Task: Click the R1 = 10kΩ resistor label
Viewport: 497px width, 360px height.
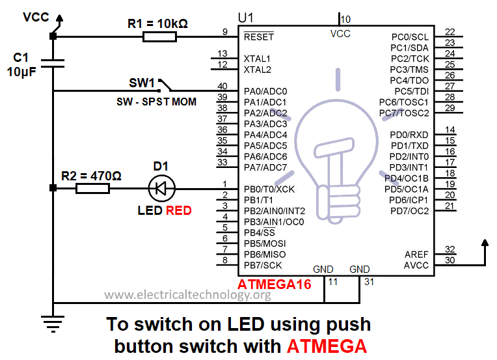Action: click(158, 23)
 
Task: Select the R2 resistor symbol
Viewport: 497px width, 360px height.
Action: click(92, 189)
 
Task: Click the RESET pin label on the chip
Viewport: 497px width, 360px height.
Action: click(258, 37)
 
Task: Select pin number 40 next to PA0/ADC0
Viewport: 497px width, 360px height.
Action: click(222, 87)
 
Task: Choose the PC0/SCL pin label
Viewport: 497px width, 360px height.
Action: click(410, 37)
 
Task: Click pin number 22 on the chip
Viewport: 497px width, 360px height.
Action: click(450, 32)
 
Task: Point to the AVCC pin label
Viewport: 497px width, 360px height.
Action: click(416, 265)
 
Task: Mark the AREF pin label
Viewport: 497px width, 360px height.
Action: click(416, 255)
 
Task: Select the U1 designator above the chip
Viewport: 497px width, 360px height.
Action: click(248, 18)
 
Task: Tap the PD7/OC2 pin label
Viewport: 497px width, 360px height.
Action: click(410, 211)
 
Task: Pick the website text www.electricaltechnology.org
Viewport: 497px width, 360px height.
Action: click(187, 295)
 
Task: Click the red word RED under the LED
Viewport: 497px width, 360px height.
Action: click(179, 210)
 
